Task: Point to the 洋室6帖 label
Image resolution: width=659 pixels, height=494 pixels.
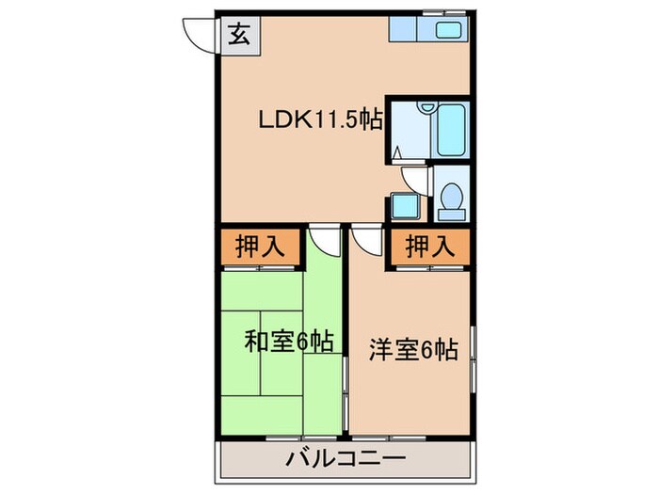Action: tap(412, 350)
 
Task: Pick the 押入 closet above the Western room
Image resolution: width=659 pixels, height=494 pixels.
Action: tap(430, 247)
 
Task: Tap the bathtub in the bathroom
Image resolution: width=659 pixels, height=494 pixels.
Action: tap(449, 131)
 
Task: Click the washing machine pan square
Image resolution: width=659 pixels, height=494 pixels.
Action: tap(405, 206)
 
